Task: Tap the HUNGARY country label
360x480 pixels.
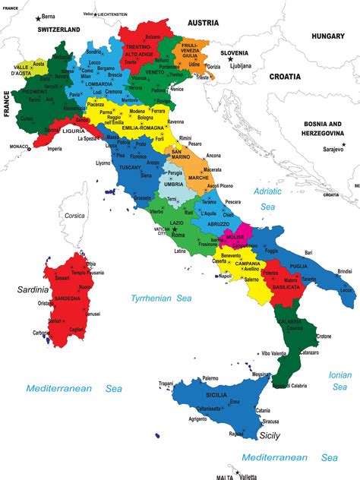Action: coord(327,36)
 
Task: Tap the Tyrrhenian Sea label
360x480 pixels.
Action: coord(162,298)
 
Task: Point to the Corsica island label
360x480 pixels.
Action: coord(74,216)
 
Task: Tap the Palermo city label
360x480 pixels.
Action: coord(210,378)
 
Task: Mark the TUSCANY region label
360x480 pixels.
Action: coord(131,168)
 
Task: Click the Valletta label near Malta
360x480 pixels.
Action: coord(248,477)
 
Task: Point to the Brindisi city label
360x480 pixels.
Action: coord(345,271)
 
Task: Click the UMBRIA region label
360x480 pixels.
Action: coord(174,185)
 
